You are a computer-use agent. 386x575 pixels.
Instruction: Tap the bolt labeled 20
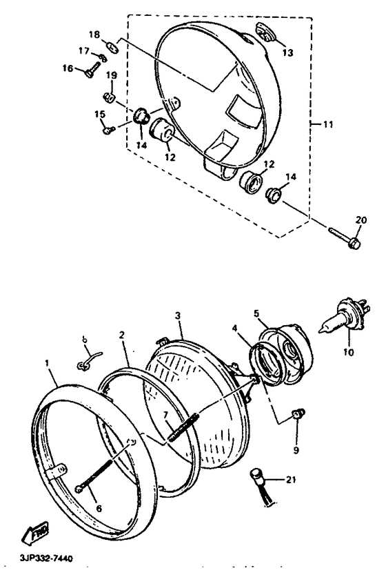345,237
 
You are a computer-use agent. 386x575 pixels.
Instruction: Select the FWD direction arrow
35,532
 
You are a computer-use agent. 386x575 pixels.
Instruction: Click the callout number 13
288,52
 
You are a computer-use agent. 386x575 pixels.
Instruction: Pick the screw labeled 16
92,70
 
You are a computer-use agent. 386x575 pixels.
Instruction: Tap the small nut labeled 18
112,47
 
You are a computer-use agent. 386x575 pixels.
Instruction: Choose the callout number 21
290,479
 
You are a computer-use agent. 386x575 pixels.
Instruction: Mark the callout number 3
178,315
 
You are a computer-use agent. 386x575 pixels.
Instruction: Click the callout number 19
112,75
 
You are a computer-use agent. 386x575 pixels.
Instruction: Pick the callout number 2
121,335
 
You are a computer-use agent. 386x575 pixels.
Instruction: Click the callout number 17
84,50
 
